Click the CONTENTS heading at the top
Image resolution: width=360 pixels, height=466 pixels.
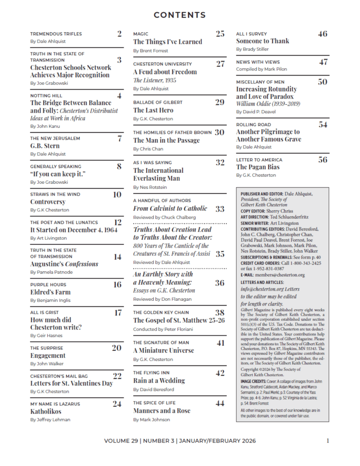[x=180, y=15]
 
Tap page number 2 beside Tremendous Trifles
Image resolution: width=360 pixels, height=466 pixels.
[x=119, y=33]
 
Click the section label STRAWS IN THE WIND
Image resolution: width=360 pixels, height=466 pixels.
[x=55, y=194]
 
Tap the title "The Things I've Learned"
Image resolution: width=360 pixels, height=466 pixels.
[x=167, y=42]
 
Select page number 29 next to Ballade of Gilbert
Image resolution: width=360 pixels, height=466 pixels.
[x=220, y=102]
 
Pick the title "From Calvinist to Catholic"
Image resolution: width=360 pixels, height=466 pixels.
[x=170, y=208]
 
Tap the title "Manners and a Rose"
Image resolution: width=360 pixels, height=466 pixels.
[x=162, y=410]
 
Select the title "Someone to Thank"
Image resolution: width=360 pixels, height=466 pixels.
[x=263, y=41]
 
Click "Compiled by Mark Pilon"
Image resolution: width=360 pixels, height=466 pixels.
[x=261, y=69]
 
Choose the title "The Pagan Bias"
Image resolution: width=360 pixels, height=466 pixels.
[x=258, y=167]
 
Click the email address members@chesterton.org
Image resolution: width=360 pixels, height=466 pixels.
[x=279, y=275]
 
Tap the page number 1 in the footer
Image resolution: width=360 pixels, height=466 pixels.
[x=328, y=441]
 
